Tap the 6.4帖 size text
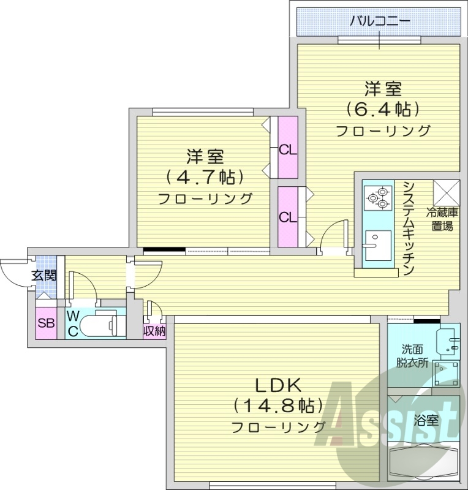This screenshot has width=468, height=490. pyautogui.click(x=383, y=110)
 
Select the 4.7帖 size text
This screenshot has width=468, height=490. pyautogui.click(x=205, y=178)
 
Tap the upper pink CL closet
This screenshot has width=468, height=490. pyautogui.click(x=287, y=149)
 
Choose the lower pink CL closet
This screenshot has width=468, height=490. pyautogui.click(x=287, y=217)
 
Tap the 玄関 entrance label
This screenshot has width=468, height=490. pyautogui.click(x=43, y=276)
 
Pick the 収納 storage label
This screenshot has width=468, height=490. pyautogui.click(x=154, y=331)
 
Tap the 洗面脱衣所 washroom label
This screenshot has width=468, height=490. pyautogui.click(x=412, y=355)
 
